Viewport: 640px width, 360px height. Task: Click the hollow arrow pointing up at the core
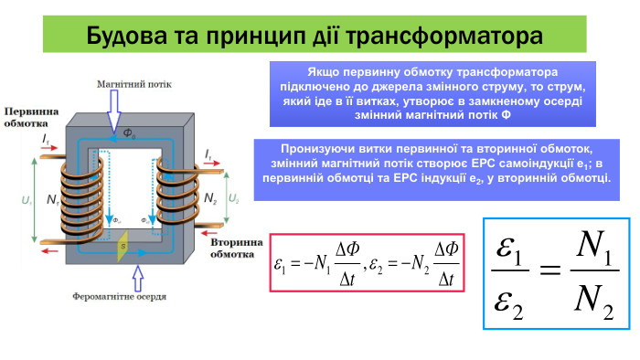[138, 274]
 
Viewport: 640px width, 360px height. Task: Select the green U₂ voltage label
[234, 197]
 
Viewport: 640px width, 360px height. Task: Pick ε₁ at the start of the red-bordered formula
[282, 266]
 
